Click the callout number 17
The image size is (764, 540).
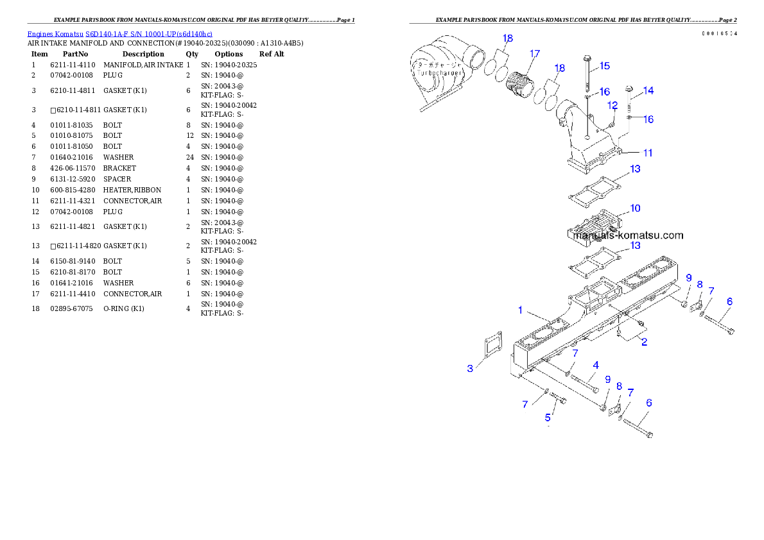(534, 53)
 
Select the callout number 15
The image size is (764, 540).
(604, 66)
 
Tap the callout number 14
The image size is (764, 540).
(648, 91)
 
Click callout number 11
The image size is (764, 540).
(648, 153)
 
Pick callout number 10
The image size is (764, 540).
(634, 208)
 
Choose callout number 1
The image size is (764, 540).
(521, 310)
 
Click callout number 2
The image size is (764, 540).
(644, 342)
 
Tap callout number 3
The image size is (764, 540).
(470, 368)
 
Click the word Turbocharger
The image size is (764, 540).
(436, 73)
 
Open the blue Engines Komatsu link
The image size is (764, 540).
(119, 33)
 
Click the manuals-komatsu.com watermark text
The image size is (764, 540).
(628, 235)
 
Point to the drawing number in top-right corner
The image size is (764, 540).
(718, 33)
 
